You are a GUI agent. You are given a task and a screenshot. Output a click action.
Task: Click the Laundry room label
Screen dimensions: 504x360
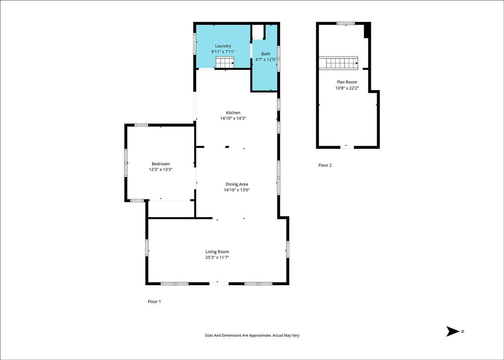223,46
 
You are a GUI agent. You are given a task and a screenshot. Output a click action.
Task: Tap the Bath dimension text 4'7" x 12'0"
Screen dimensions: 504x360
265,60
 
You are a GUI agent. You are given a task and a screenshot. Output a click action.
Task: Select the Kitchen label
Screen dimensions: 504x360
233,113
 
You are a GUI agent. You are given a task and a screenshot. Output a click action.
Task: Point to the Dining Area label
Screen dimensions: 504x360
237,184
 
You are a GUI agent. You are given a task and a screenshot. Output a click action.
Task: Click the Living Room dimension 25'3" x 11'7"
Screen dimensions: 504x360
217,257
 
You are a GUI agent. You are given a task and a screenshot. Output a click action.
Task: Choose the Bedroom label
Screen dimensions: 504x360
160,164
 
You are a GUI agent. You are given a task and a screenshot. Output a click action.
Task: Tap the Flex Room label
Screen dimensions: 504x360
347,82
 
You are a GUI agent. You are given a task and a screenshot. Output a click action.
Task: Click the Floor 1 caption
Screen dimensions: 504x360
155,302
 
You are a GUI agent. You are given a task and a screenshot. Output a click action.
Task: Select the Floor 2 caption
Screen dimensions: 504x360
325,165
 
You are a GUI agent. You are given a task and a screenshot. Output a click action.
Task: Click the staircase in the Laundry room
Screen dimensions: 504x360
225,62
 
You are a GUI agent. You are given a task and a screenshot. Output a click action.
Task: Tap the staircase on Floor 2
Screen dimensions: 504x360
338,63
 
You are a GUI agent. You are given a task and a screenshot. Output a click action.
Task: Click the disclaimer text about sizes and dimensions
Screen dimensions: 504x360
252,335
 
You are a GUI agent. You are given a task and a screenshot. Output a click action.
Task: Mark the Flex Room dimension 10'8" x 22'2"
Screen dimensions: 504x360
347,88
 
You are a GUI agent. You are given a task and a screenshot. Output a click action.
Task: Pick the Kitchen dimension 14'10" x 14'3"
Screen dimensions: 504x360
233,118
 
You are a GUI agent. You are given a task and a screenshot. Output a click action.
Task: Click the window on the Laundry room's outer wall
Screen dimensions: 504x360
195,44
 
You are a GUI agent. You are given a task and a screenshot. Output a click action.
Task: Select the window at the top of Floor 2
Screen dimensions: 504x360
346,23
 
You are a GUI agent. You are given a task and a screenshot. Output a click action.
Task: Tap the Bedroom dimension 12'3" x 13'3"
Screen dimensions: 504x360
160,169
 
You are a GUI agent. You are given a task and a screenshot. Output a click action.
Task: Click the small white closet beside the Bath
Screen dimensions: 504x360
258,32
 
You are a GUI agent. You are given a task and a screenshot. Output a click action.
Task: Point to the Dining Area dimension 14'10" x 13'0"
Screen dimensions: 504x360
237,190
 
